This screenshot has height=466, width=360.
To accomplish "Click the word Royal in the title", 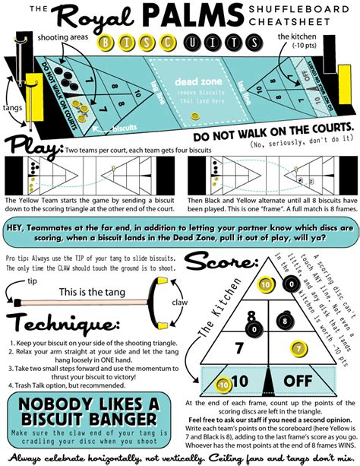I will [114, 18].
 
